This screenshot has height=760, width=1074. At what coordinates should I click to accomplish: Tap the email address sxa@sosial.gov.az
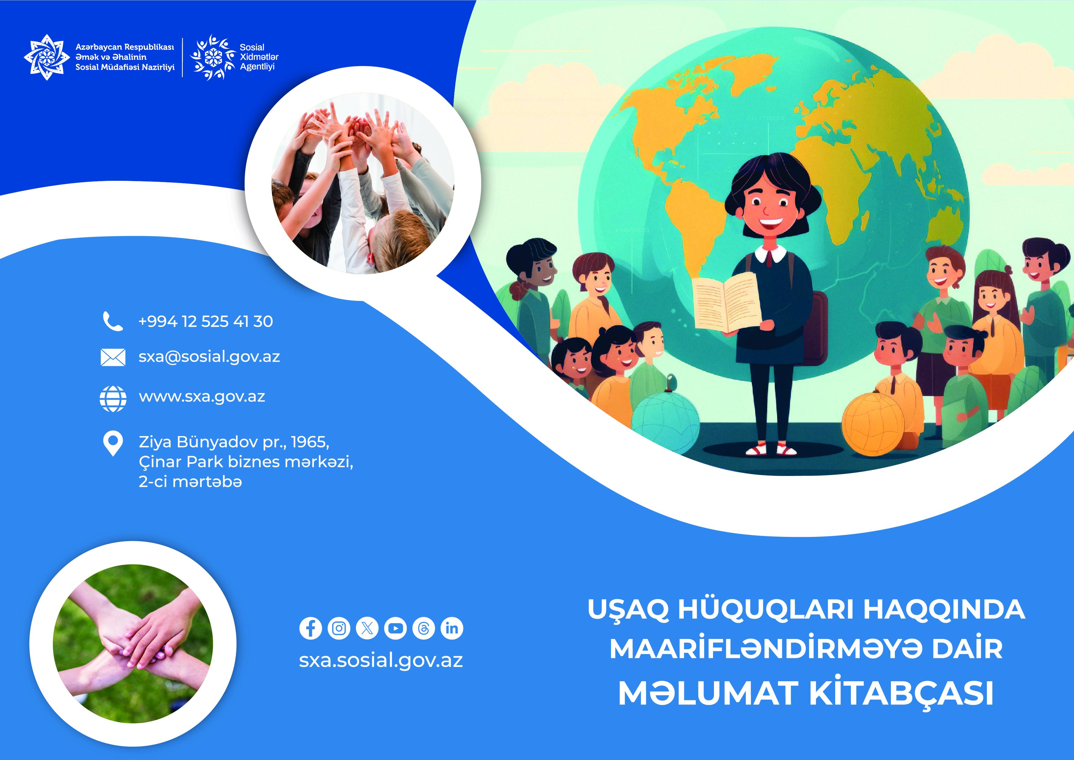coord(209,357)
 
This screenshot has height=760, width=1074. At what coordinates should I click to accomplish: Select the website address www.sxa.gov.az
coord(202,397)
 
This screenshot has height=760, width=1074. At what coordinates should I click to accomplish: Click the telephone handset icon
coord(113,321)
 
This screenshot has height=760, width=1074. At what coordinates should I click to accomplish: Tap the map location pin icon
coord(113,443)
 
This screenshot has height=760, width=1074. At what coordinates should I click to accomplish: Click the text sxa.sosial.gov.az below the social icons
coord(381,660)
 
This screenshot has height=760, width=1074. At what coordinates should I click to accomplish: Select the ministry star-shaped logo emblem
coord(47,57)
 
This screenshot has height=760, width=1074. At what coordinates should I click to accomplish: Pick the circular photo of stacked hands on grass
coord(133,644)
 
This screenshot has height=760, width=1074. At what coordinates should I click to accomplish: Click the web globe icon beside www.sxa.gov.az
coord(113,398)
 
